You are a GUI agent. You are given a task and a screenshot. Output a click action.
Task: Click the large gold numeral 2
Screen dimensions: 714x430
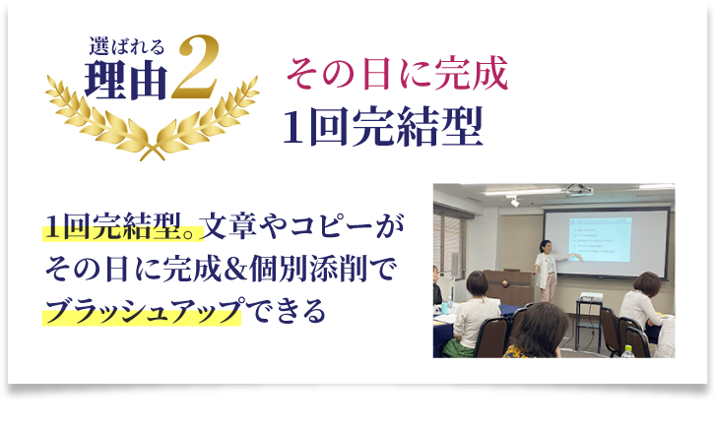[x=195, y=67]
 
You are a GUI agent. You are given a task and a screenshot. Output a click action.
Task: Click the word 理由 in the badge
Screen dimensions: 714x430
[x=126, y=81]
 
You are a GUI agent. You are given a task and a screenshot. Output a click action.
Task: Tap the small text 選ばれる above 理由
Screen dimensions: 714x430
[x=126, y=47]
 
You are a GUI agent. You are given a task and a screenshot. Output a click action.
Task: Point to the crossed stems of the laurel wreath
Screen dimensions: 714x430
[x=153, y=152]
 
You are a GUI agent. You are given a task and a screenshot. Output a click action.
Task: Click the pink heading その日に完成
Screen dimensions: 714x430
[x=397, y=73]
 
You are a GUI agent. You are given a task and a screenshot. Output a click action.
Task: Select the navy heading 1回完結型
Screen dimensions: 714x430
[x=382, y=126]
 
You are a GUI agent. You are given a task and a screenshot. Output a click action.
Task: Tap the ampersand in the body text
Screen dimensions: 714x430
[x=234, y=269]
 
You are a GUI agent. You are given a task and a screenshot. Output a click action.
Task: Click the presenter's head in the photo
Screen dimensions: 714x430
[x=546, y=246]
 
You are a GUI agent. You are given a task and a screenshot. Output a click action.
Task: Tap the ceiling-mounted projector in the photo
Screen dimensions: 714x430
[x=579, y=190]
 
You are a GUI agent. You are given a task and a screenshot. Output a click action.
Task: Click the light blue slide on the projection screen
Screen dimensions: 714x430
[x=601, y=239]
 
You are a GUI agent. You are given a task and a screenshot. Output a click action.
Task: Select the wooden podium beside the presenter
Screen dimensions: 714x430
[x=509, y=286]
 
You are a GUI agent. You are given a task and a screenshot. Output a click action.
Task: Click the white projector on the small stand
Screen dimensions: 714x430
[x=591, y=297]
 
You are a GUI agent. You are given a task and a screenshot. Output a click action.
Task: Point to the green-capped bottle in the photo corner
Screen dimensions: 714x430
[x=628, y=351]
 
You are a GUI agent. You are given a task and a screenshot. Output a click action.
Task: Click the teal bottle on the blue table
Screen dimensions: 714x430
[x=444, y=307]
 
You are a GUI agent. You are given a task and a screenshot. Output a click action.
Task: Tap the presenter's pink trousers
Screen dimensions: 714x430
[x=549, y=286]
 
